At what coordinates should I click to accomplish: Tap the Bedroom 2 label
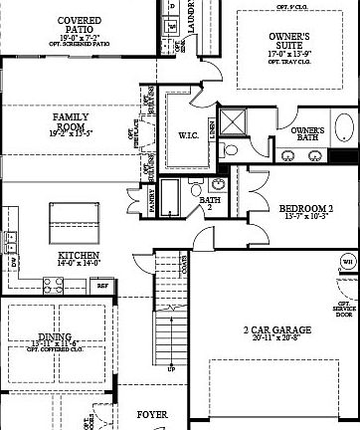click(305, 208)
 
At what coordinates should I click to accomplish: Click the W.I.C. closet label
click(190, 134)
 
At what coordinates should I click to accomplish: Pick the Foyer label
click(152, 414)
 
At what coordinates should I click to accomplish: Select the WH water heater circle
click(348, 262)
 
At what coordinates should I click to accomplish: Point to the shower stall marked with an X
click(235, 121)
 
